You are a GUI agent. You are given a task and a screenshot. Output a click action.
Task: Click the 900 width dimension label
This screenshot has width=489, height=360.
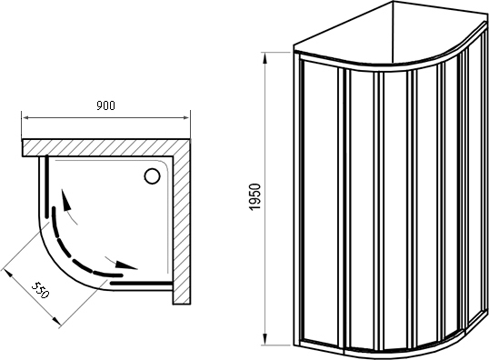[x=105, y=105]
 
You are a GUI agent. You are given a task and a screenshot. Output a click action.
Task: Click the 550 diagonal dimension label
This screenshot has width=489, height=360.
[x=41, y=290]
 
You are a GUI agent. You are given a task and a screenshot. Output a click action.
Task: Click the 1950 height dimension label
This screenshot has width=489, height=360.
[x=254, y=196]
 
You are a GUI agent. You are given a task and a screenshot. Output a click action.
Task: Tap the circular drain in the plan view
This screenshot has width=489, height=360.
[x=153, y=176]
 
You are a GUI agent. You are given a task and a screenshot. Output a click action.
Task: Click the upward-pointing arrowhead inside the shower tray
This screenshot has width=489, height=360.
[x=65, y=199]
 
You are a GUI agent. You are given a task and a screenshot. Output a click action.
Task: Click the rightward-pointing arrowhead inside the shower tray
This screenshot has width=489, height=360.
[x=126, y=265]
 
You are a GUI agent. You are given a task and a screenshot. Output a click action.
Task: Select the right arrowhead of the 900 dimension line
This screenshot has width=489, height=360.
[x=185, y=117]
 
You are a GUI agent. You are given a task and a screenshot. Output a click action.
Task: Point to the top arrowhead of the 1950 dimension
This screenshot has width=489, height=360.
[x=264, y=58]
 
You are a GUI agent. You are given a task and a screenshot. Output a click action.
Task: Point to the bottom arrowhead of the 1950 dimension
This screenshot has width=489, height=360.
[x=264, y=339]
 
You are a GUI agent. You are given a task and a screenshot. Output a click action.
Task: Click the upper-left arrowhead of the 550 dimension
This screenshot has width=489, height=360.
[x=7, y=275]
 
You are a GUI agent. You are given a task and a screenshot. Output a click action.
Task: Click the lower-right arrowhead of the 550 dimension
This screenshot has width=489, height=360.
[x=55, y=320]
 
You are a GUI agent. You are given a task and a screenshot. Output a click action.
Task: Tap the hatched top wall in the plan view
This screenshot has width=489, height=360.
[x=106, y=147]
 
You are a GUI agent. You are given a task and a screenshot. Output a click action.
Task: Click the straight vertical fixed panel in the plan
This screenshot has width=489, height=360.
[x=46, y=186]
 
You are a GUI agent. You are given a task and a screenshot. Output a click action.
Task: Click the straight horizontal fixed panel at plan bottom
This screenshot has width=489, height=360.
[x=141, y=284]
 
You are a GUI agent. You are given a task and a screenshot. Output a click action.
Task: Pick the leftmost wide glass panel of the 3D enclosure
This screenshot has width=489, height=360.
[x=321, y=202]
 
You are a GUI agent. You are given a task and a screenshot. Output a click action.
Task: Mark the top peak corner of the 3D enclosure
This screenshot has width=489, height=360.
[x=392, y=2]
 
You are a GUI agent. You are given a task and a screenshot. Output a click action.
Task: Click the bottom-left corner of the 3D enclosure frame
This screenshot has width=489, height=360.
[x=295, y=345]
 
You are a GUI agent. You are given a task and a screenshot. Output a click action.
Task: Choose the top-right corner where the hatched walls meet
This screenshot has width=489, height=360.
[x=190, y=139]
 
